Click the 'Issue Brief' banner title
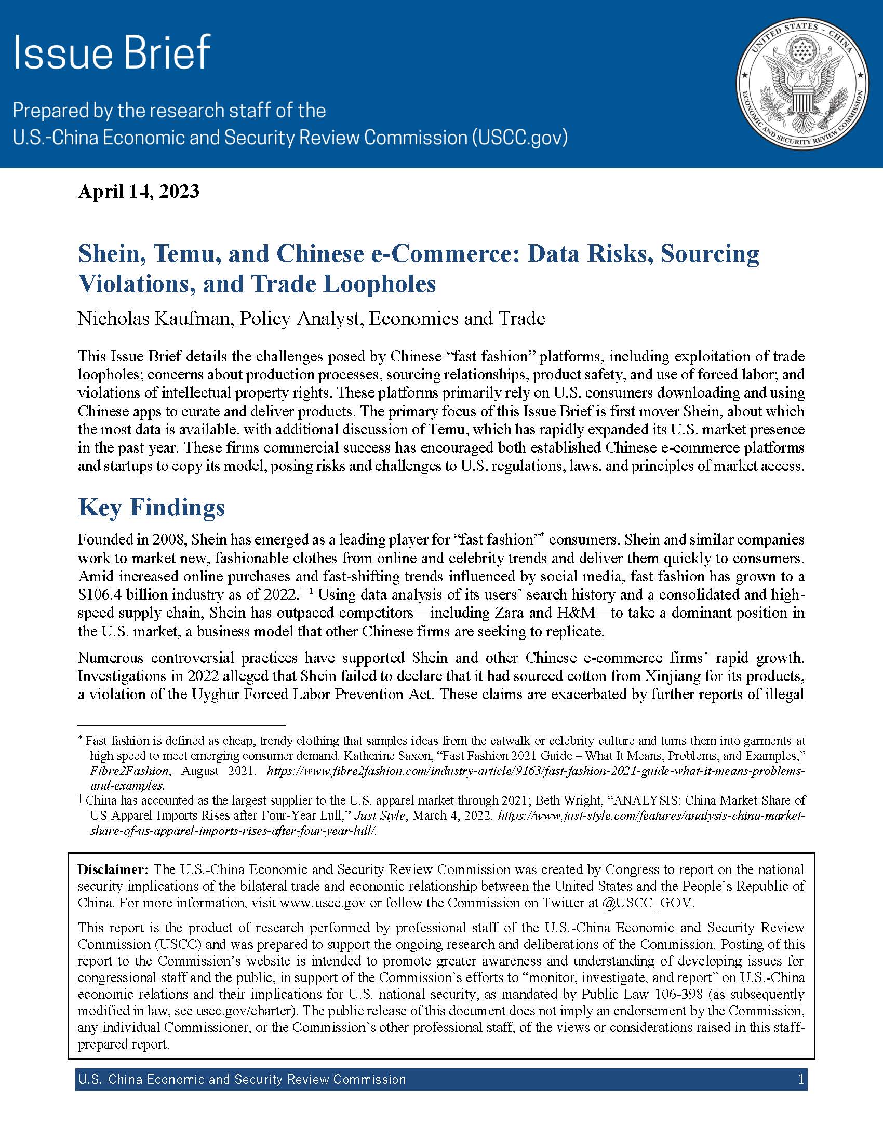click(x=112, y=53)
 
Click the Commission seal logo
click(x=802, y=83)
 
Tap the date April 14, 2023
click(x=139, y=192)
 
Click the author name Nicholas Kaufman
click(x=154, y=318)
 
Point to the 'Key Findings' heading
click(x=152, y=507)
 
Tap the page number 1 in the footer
click(x=801, y=1079)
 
